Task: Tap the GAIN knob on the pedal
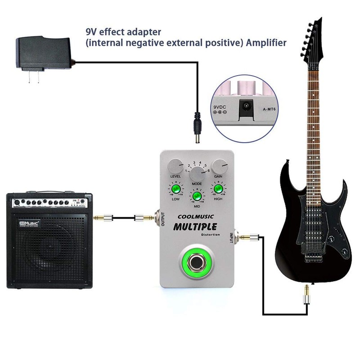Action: point(220,166)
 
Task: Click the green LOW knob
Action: point(175,189)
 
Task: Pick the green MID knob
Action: point(197,196)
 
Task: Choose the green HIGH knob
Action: point(219,189)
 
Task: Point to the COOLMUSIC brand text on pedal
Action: point(197,216)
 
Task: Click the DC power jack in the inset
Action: point(246,107)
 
